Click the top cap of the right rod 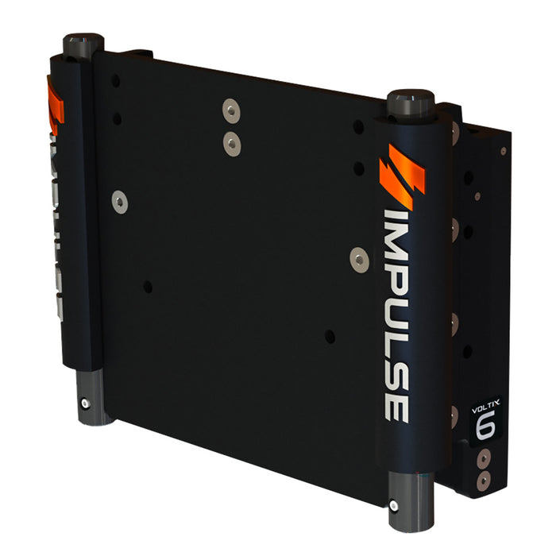point(410,102)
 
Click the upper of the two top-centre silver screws point(230,110)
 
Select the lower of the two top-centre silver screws point(231,143)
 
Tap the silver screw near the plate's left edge point(120,202)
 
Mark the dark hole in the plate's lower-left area point(147,287)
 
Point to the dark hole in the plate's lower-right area point(330,337)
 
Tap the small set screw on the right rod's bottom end point(394,506)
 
